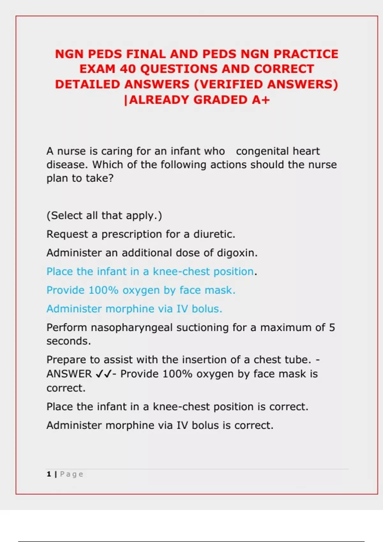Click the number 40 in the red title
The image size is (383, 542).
pyautogui.click(x=128, y=69)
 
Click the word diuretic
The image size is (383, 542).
pyautogui.click(x=214, y=234)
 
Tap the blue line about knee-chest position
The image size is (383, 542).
pyautogui.click(x=150, y=272)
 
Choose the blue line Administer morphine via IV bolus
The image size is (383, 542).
pyautogui.click(x=134, y=309)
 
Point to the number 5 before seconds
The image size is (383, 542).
pyautogui.click(x=332, y=327)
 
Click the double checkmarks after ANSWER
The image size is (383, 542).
pyautogui.click(x=103, y=374)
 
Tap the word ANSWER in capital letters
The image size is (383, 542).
pyautogui.click(x=69, y=374)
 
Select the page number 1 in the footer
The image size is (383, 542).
pyautogui.click(x=49, y=474)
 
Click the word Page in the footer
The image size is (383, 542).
pyautogui.click(x=71, y=474)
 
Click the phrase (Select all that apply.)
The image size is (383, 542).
pyautogui.click(x=104, y=216)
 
